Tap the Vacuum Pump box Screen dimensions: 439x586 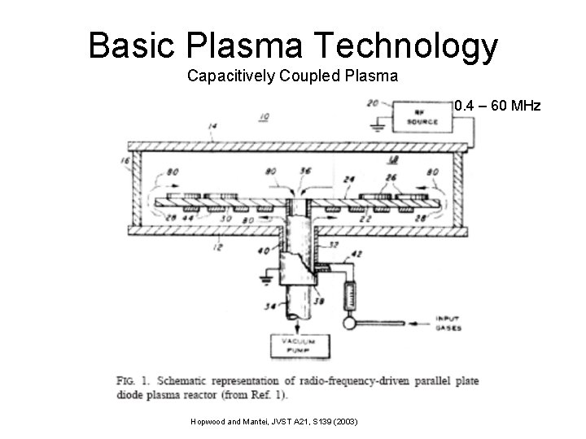(301, 346)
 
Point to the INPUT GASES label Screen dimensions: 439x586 (448, 324)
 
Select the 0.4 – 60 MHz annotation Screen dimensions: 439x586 (497, 106)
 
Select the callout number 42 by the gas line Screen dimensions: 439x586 (356, 254)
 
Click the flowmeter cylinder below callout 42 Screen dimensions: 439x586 (351, 292)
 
